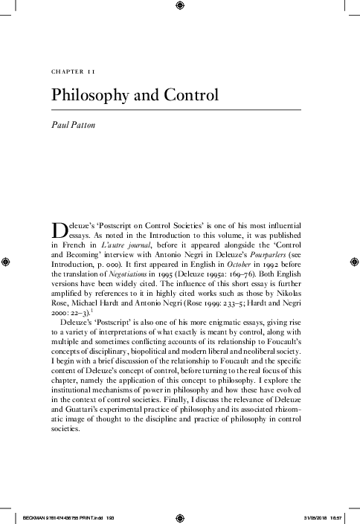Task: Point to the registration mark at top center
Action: point(179,7)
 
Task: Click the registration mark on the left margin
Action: point(6,262)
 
